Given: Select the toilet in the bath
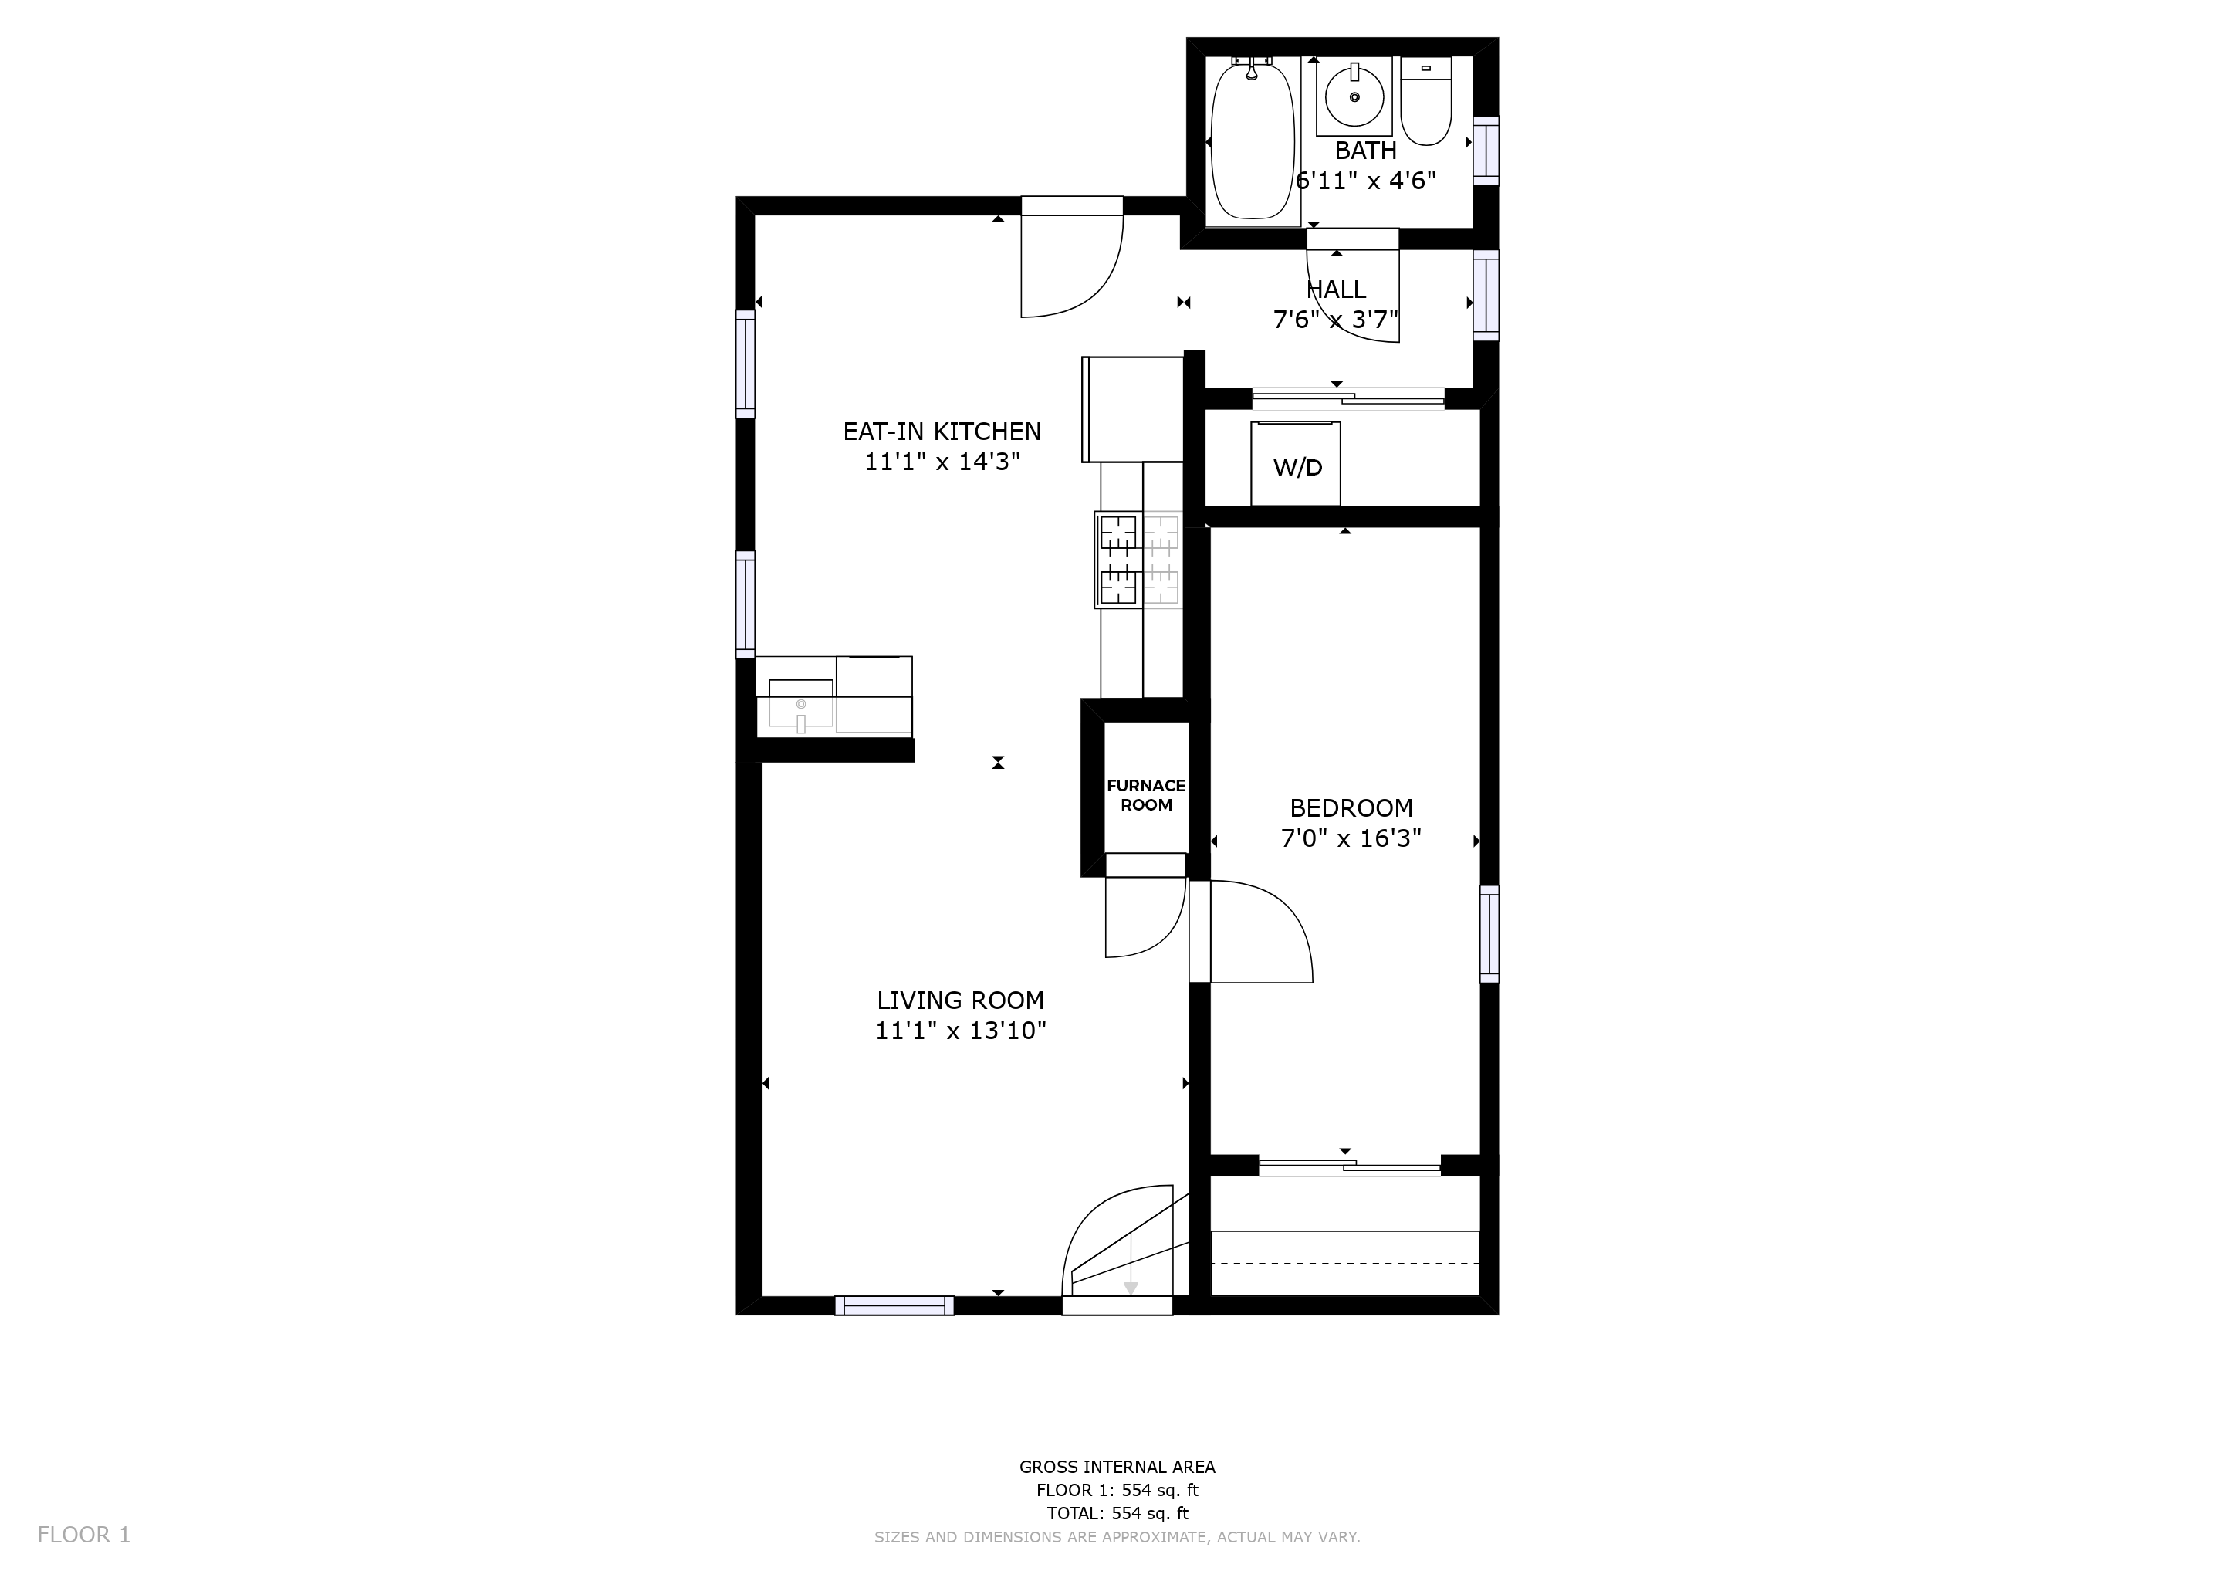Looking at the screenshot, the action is [1426, 101].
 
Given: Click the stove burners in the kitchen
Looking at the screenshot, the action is [1139, 560].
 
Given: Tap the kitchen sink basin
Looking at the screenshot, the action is [801, 703].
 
